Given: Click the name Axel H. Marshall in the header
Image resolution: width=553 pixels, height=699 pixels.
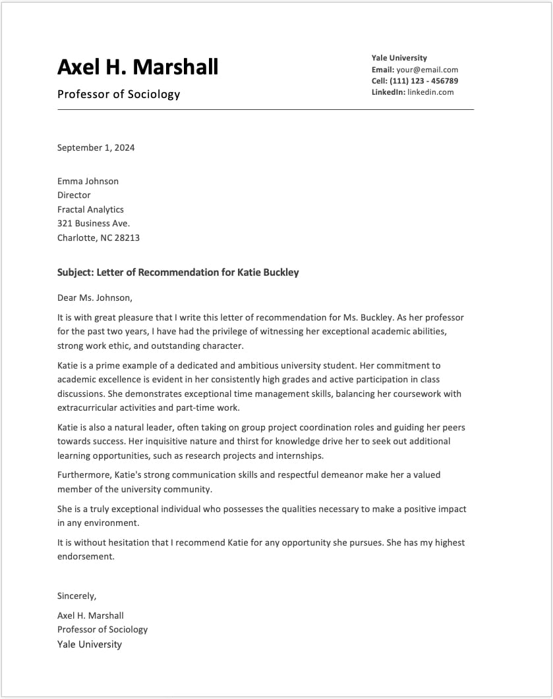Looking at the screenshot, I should coord(138,67).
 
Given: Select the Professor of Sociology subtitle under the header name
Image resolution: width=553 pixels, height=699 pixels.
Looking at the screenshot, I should coord(119,94).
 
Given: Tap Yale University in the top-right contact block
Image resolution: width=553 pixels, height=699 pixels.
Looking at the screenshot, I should coord(399,58).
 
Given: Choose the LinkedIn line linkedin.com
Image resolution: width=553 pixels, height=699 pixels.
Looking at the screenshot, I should coord(430,92).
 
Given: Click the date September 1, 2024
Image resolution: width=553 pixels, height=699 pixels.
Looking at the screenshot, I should coord(96,147).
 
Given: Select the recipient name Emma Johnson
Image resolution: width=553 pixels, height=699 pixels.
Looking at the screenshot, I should coord(88,181).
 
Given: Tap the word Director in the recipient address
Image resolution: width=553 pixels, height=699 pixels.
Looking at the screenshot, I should coord(74,195).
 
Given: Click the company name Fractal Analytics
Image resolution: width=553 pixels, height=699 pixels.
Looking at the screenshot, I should coord(90,209).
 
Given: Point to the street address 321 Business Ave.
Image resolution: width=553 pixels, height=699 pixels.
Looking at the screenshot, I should coord(93,223).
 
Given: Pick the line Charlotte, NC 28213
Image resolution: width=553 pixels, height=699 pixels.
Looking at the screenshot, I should coord(98,238).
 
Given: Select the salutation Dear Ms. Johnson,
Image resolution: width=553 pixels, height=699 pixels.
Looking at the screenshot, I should coord(95,298).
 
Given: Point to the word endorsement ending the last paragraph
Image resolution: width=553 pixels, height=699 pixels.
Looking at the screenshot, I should coord(86,557).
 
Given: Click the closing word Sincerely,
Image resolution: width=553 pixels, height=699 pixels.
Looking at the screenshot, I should coord(76,596).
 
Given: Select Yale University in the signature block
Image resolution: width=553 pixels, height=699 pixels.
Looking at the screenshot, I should coord(90,644).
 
